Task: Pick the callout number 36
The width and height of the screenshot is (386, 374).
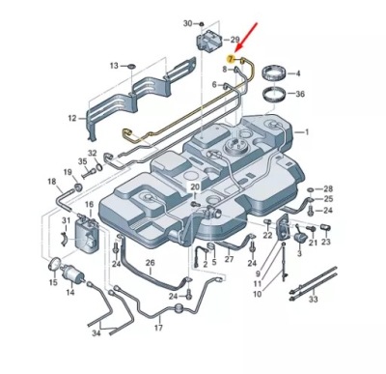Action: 300,94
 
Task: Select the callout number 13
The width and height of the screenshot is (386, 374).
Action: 114,65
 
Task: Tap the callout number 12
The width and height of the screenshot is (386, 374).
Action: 71,118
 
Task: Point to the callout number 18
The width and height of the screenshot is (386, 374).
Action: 50,181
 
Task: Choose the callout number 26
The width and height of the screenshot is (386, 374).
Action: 150,263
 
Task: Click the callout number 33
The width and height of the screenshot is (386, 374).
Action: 312,300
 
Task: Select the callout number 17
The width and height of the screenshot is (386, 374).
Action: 156,329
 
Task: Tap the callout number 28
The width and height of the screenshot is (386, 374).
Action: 328,188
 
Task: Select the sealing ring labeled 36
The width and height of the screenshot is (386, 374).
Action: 273,95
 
